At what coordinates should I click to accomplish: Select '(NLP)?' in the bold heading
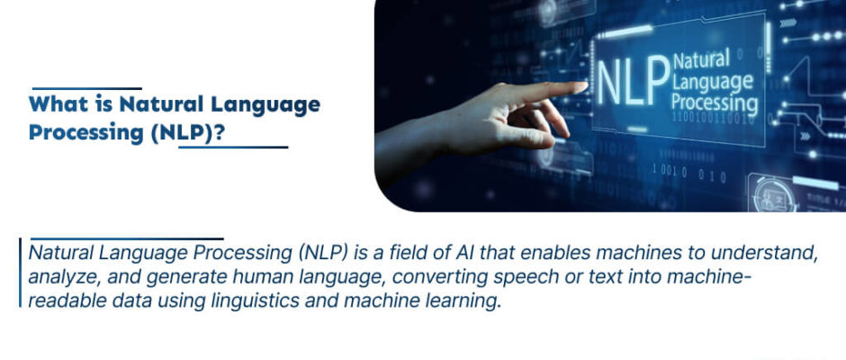(188, 133)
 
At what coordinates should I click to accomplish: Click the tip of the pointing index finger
(584, 87)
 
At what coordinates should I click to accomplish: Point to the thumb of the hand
(516, 139)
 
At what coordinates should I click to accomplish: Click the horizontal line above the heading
(87, 88)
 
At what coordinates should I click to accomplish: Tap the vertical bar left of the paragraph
(20, 273)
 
